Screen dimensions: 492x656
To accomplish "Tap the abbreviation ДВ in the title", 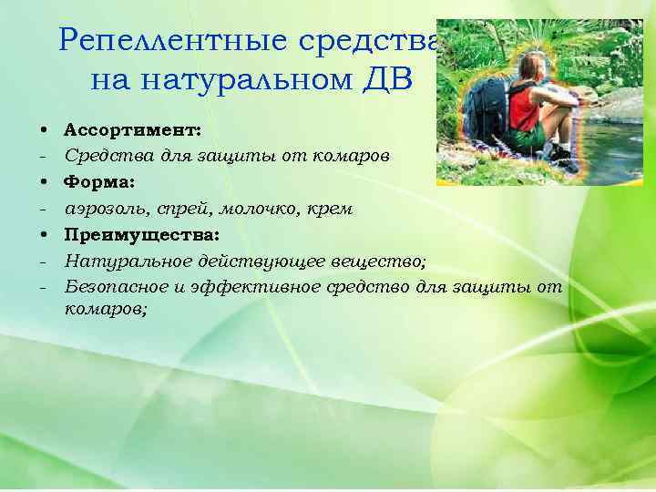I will point(386,80).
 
